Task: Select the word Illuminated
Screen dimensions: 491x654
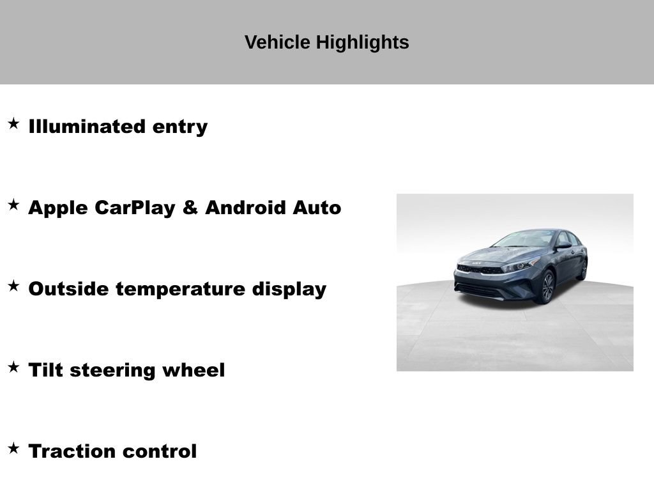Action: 87,127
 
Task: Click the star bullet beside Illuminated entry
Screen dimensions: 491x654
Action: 13,123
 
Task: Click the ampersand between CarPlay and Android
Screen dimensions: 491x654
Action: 190,208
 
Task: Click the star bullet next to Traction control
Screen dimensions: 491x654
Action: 13,448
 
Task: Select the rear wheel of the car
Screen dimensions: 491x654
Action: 582,270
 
